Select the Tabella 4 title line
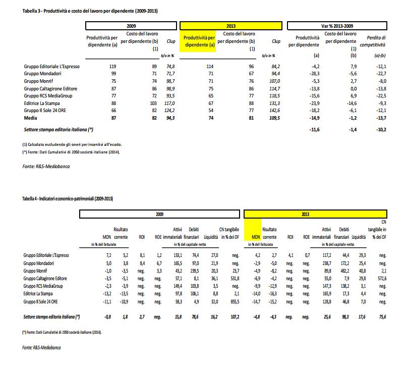pos(68,199)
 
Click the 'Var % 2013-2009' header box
pos(338,25)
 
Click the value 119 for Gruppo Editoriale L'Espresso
pos(112,66)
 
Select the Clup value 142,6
pos(274,110)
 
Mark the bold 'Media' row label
pos(31,117)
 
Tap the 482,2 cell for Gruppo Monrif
pos(344,271)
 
